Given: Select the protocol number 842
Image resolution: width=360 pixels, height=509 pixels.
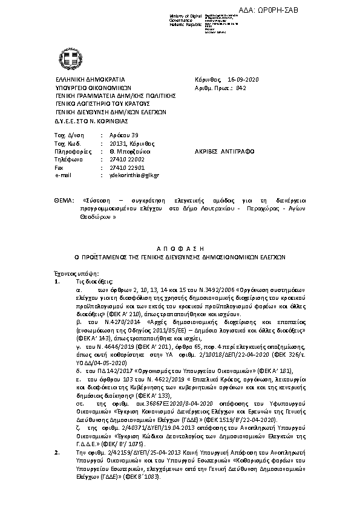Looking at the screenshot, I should [x=241, y=88].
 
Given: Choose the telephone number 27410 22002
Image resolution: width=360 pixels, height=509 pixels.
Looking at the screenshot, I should [x=122, y=159].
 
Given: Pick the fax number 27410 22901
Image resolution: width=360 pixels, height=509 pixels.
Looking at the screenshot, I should [x=122, y=167].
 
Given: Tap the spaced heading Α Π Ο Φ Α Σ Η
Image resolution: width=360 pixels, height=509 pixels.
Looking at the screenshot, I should [x=178, y=248].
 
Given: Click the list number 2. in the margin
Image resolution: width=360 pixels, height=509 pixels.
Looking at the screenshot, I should [x=57, y=469].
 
